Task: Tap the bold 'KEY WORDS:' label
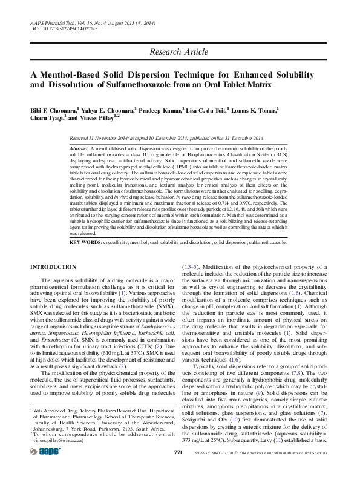86,242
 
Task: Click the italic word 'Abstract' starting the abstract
79,148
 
